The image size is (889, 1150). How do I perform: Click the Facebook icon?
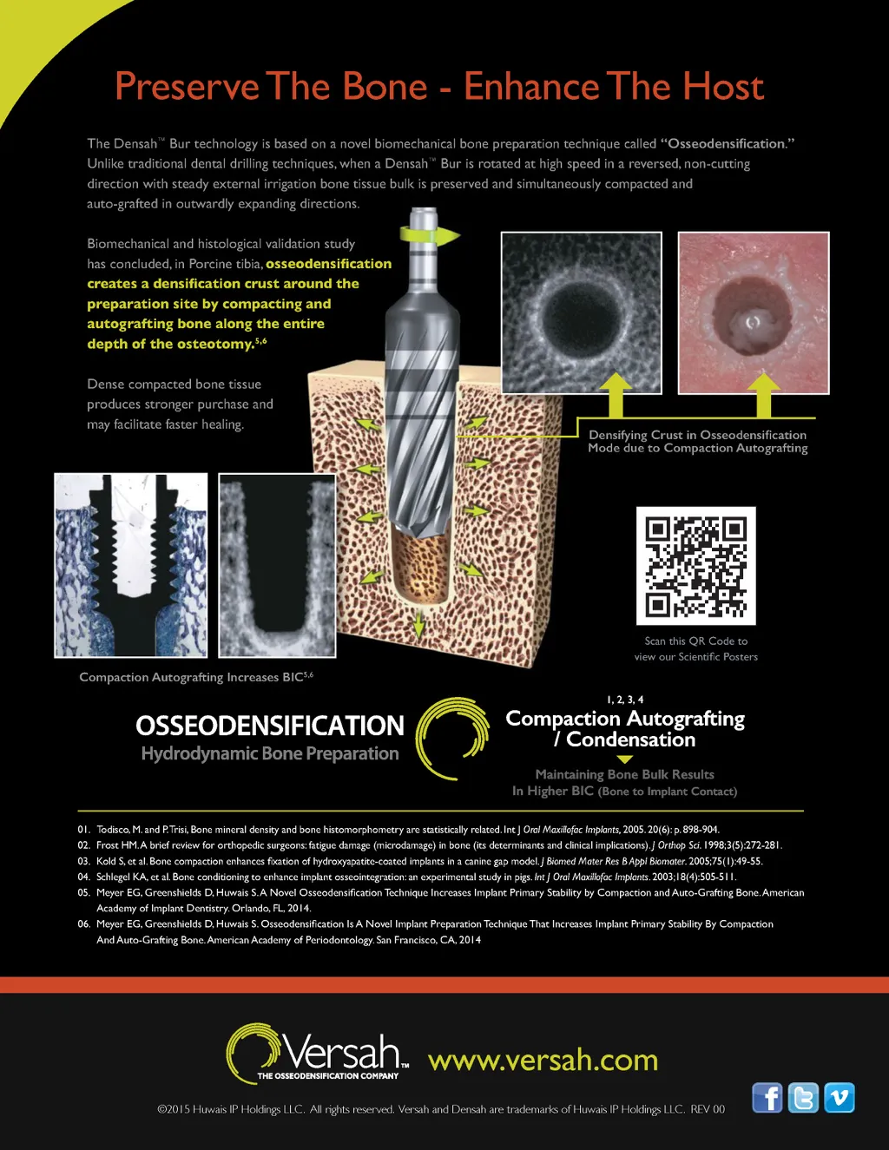[767, 1097]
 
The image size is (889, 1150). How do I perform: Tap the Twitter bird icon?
[803, 1097]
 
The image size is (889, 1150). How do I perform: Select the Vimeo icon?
[839, 1097]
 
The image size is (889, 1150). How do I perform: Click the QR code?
[696, 566]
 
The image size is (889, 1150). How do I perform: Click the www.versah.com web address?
[543, 1061]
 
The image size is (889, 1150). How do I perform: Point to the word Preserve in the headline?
[187, 86]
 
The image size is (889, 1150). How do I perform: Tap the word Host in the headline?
[723, 86]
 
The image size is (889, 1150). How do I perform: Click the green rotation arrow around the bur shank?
[430, 234]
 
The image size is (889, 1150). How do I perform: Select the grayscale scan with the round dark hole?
[582, 312]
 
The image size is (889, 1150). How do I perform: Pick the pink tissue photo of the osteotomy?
[754, 312]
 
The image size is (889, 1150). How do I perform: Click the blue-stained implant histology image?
[131, 565]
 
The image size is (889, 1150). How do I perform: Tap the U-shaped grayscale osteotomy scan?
[277, 565]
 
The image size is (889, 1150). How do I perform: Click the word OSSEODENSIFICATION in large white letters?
[270, 725]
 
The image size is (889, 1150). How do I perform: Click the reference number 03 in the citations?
[83, 861]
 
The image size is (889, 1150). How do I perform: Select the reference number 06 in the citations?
[83, 924]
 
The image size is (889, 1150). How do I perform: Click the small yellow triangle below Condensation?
[625, 759]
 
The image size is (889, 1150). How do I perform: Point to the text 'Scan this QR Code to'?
[696, 641]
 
